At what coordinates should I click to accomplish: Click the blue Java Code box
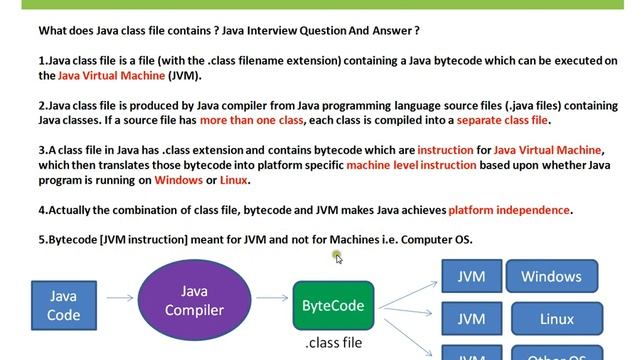click(x=64, y=306)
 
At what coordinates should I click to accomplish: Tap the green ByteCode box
click(x=333, y=306)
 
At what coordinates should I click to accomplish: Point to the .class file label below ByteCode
click(x=333, y=343)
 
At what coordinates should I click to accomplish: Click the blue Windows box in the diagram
click(x=551, y=277)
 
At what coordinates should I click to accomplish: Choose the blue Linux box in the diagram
click(x=556, y=319)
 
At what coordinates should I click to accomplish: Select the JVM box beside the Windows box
click(x=471, y=277)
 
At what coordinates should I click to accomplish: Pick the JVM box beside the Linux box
click(x=471, y=319)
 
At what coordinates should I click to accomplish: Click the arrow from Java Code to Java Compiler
click(x=120, y=297)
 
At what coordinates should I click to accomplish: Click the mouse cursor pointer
click(x=338, y=257)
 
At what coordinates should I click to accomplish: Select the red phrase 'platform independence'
click(x=509, y=210)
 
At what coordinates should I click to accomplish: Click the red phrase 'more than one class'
click(x=255, y=120)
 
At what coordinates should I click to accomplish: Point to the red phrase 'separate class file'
click(x=503, y=120)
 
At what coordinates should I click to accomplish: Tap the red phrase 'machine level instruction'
click(x=412, y=165)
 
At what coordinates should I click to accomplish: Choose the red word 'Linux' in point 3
click(x=233, y=180)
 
